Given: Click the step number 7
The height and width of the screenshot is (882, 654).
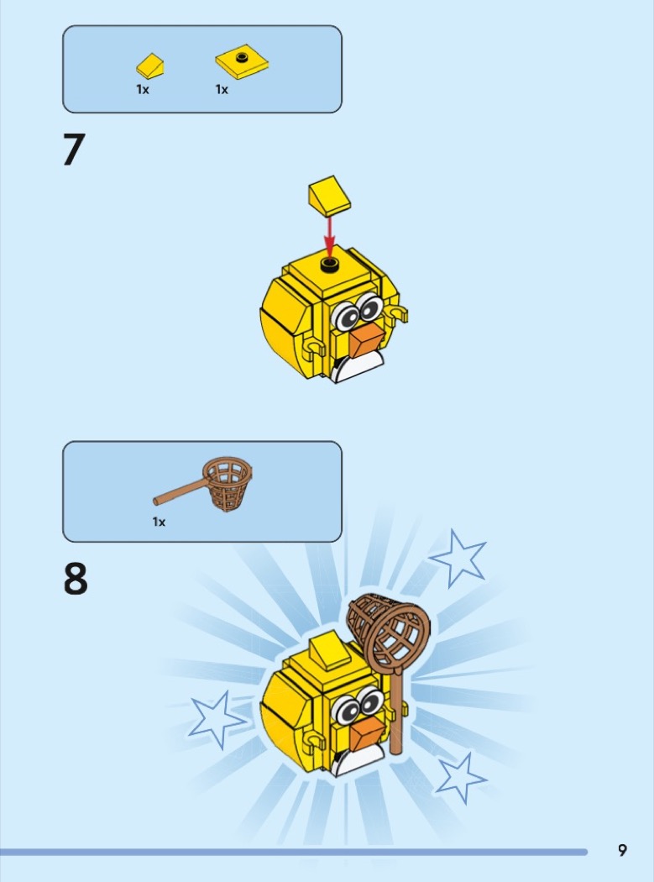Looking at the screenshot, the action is click(74, 150).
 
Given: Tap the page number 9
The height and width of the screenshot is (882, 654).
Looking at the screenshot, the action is click(622, 850).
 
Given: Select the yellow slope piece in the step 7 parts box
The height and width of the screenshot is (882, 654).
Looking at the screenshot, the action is click(150, 66).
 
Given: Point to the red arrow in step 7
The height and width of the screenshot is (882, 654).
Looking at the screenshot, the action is click(330, 236).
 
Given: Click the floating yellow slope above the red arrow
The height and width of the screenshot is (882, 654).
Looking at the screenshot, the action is click(329, 195).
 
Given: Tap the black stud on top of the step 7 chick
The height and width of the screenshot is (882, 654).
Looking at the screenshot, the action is click(330, 265).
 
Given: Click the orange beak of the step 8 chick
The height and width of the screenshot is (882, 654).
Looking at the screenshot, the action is click(367, 734).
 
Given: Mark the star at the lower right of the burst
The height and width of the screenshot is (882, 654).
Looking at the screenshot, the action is click(461, 779).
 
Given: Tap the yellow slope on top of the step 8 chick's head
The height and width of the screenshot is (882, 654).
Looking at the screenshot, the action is click(330, 648).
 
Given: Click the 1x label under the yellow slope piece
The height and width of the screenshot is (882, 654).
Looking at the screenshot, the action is click(143, 89).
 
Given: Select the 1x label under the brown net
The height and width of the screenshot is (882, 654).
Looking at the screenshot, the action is click(160, 522).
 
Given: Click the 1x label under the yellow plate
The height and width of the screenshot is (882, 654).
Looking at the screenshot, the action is click(222, 89).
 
